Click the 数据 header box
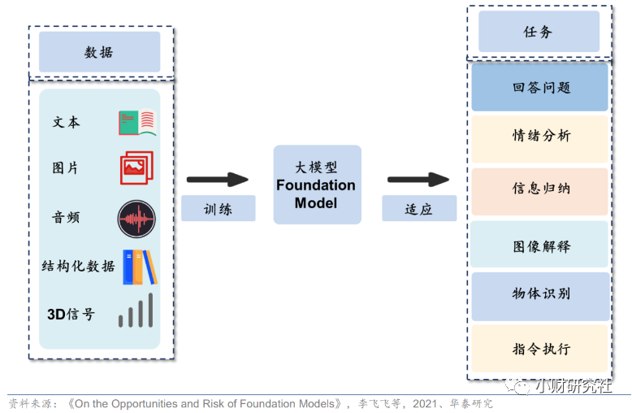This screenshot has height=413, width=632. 100,52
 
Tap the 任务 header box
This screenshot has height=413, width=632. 539,32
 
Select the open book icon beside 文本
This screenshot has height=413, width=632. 137,122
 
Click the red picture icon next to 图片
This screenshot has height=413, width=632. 136,167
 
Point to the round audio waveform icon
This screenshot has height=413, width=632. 136,219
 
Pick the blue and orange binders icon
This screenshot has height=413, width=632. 140,267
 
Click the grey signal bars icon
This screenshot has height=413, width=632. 136,310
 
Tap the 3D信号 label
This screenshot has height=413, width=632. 71,314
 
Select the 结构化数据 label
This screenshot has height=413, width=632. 78,266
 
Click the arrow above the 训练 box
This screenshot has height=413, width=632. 217,180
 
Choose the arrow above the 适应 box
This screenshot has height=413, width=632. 418,180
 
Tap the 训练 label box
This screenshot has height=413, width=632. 218,208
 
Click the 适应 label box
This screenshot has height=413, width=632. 419,208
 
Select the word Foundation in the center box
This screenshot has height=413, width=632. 316,185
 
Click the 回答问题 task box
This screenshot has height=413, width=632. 539,87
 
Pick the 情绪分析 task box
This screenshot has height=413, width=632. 539,140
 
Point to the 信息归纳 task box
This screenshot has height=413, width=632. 539,192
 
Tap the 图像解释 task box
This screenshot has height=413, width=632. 539,245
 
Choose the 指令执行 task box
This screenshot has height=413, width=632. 539,349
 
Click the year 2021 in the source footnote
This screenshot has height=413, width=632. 424,404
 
